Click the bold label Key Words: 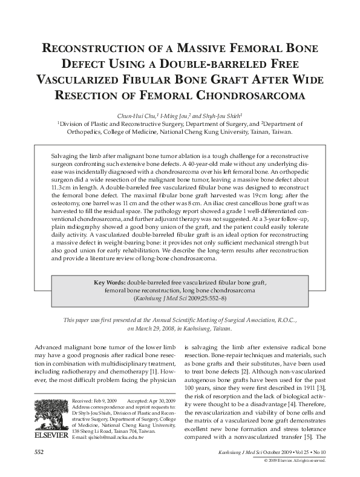(111, 282)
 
